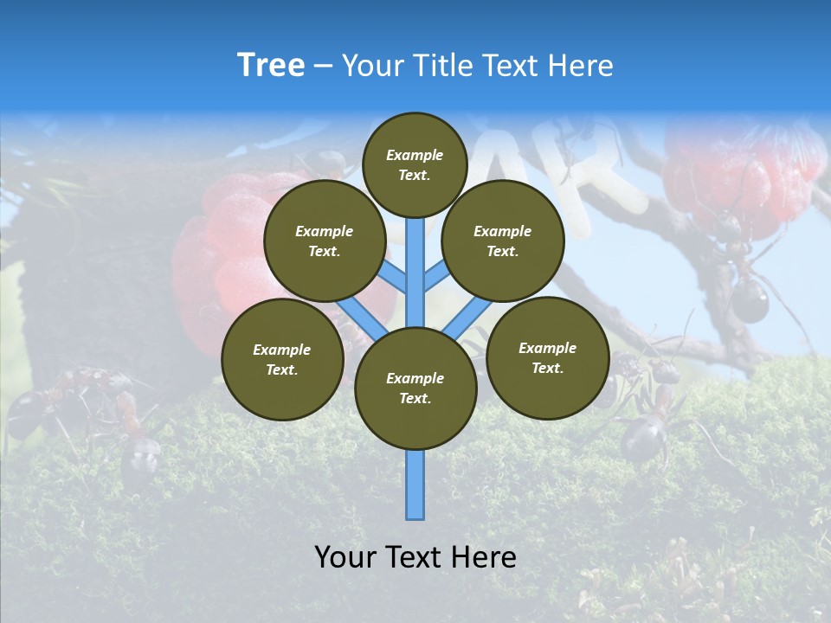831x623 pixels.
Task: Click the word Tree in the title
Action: pos(271,66)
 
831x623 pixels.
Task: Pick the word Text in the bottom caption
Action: pos(414,557)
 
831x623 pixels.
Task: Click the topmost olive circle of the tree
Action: pos(415,164)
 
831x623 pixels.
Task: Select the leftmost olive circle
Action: pos(282,360)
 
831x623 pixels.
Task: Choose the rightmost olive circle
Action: pos(547,358)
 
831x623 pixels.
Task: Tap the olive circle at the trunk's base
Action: pos(415,389)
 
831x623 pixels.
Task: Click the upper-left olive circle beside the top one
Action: pos(325,241)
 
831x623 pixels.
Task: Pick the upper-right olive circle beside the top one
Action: pos(503,241)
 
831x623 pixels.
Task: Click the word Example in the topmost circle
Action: pos(415,155)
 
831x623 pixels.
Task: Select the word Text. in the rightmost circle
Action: pos(547,368)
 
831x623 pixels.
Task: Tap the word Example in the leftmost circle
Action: pos(281,350)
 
